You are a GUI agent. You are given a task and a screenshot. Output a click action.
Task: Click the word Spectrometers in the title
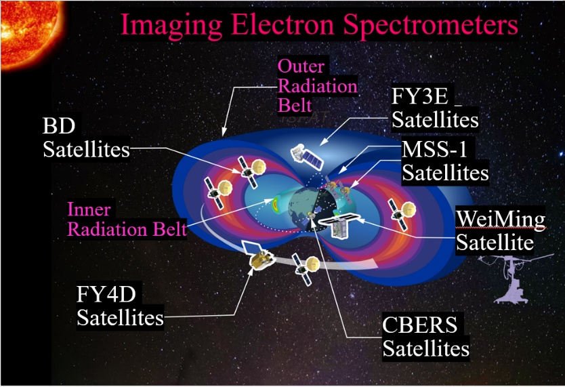[430, 26]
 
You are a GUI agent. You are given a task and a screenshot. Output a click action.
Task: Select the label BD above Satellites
[59, 126]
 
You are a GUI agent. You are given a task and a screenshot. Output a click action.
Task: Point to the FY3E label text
[420, 96]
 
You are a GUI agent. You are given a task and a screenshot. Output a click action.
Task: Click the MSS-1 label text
[434, 149]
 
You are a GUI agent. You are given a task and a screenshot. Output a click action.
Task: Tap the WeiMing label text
[501, 219]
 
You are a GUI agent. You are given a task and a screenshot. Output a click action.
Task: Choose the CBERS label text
[419, 325]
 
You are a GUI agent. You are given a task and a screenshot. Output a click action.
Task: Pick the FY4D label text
[106, 294]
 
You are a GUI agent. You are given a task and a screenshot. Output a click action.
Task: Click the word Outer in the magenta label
[301, 66]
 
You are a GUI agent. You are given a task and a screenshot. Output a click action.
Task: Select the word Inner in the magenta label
[89, 209]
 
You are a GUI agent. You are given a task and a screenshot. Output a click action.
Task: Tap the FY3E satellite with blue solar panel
[307, 157]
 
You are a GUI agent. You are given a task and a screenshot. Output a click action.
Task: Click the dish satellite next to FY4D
[306, 268]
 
